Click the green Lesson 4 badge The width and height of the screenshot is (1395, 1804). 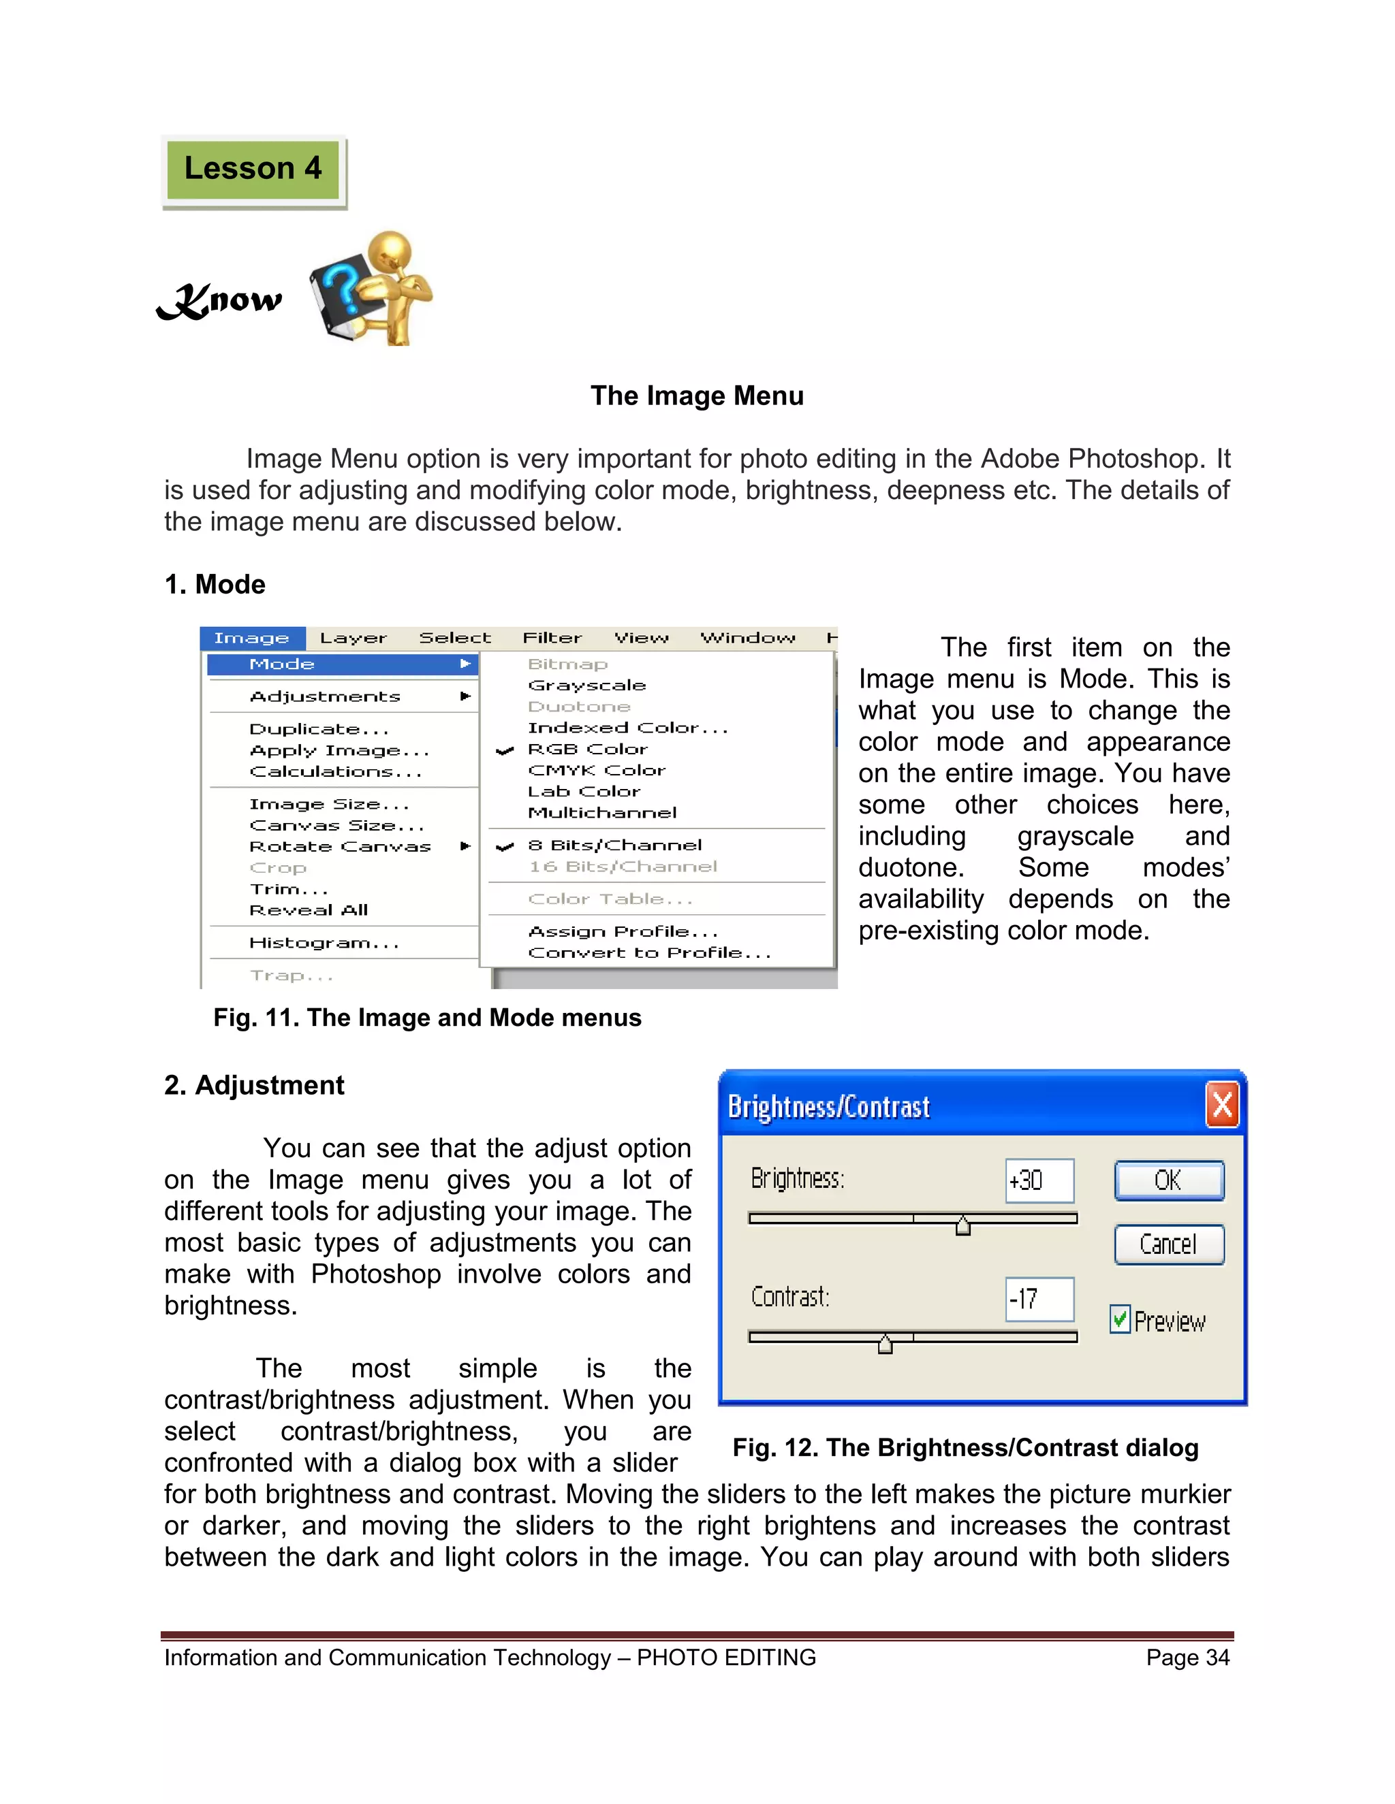253,170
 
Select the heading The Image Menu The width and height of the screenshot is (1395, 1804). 697,396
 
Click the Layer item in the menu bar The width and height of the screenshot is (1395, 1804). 353,639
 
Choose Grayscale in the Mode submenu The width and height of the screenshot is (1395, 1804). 586,686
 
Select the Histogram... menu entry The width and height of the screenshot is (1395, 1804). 324,942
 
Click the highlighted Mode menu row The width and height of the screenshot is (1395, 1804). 342,664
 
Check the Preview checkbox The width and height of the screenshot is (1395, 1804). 1120,1319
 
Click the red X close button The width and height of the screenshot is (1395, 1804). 1222,1105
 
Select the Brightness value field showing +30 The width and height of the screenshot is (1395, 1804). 1039,1180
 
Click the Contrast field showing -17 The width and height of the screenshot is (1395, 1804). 1039,1298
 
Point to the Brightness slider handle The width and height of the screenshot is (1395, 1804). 962,1227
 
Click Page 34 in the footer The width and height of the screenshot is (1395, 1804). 1187,1658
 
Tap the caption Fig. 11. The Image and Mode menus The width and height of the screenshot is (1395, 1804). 427,1018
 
